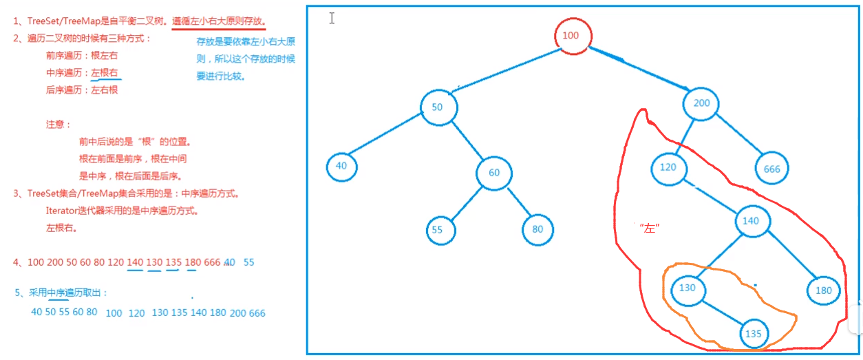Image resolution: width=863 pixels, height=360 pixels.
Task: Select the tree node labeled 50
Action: (438, 108)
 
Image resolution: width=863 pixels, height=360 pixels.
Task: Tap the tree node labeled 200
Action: (701, 104)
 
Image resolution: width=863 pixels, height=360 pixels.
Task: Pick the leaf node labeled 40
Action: (342, 166)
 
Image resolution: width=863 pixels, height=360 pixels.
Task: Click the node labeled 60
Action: (494, 173)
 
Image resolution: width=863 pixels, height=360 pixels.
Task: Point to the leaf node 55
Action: (438, 230)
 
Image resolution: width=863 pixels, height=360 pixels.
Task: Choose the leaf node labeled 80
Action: (537, 230)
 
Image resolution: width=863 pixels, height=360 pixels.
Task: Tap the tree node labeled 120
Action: (668, 167)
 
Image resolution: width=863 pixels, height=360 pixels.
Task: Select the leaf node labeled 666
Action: (771, 169)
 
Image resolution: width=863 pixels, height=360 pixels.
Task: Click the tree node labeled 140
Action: (751, 221)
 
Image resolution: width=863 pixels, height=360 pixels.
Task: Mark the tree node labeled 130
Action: (688, 288)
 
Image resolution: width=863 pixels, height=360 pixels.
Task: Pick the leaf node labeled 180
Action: (824, 290)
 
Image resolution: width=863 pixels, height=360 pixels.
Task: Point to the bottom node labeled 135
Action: (754, 334)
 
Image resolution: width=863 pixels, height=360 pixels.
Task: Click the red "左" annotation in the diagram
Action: (649, 228)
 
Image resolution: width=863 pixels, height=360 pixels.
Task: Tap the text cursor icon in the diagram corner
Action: (332, 19)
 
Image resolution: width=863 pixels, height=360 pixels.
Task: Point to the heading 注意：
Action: (58, 125)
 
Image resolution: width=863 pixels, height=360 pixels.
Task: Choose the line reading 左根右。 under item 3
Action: (61, 228)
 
